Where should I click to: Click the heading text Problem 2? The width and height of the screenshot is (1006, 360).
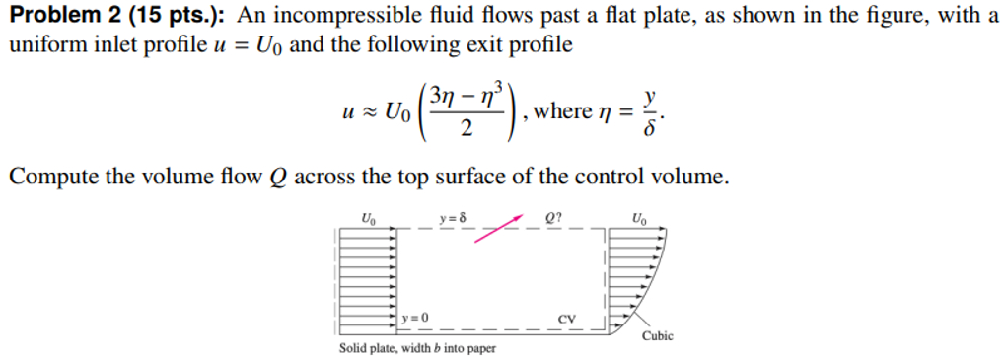[59, 16]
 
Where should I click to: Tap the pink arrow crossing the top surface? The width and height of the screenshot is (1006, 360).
[498, 226]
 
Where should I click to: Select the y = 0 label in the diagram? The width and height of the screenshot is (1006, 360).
[414, 318]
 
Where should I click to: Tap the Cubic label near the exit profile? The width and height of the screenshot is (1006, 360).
[658, 335]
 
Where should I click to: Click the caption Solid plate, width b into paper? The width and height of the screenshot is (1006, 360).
[417, 348]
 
